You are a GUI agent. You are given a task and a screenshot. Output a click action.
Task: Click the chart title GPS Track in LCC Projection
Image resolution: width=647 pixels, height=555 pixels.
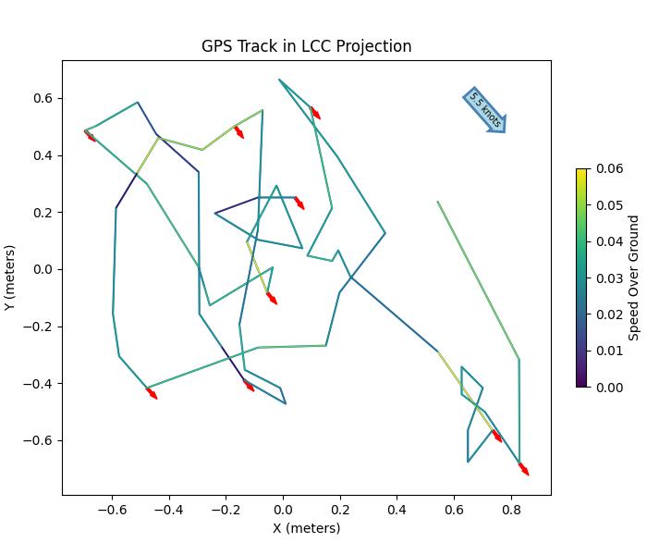(307, 46)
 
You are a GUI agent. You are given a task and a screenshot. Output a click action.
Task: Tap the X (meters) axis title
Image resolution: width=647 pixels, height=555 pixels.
(307, 528)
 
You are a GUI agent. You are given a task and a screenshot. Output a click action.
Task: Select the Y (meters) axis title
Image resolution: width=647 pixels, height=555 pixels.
(11, 277)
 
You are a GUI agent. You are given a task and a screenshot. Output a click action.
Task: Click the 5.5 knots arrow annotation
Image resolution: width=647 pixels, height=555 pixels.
(484, 111)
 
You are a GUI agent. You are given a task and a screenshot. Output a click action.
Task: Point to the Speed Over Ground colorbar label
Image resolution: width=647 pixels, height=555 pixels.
(634, 277)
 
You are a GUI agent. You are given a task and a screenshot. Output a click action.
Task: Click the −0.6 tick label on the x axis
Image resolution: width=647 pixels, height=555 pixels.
(111, 509)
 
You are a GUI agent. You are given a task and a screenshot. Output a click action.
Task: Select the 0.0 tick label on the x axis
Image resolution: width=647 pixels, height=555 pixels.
(283, 509)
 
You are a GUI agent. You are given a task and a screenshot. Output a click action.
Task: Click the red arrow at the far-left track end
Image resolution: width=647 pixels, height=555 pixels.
(90, 136)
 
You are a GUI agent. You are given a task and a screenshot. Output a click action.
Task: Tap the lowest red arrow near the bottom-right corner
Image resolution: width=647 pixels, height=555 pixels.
(524, 469)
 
